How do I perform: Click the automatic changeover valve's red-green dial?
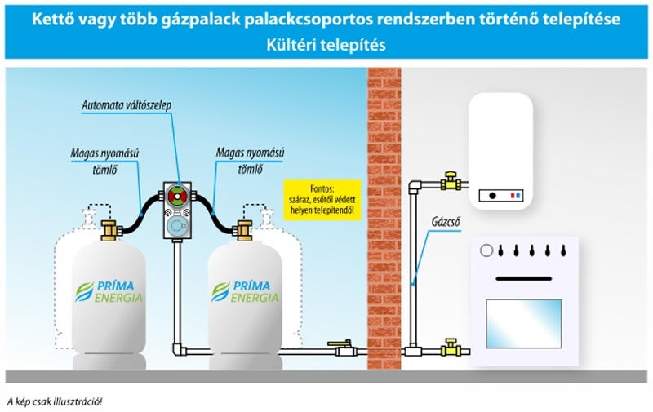tap(177, 196)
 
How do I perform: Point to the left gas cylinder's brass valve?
tap(109, 230)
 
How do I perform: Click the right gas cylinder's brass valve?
tap(242, 230)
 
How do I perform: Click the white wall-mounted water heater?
tap(500, 151)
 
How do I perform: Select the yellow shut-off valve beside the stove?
tap(448, 349)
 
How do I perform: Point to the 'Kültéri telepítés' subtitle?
tap(326, 46)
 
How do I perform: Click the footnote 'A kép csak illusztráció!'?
tap(55, 401)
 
